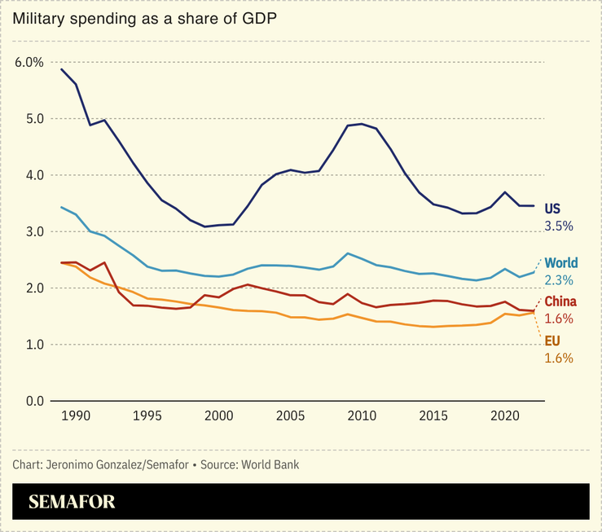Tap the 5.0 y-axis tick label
[33, 119]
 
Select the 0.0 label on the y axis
[33, 401]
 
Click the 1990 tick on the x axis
[75, 416]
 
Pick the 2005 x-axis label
[290, 416]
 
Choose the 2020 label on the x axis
[505, 416]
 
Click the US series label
[552, 209]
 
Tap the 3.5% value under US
[559, 224]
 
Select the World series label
[560, 263]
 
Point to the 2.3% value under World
[559, 279]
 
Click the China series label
[560, 302]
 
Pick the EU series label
[552, 341]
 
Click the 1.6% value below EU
[559, 358]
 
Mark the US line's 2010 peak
[362, 124]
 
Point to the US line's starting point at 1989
[61, 69]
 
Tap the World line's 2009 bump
[348, 253]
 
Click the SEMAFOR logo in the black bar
[73, 502]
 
